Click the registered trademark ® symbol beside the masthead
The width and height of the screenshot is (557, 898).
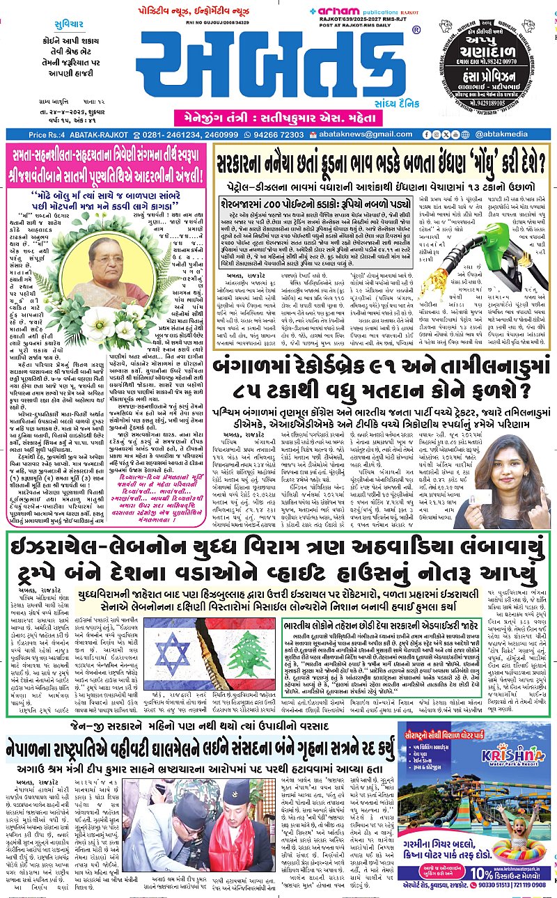(x=416, y=31)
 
